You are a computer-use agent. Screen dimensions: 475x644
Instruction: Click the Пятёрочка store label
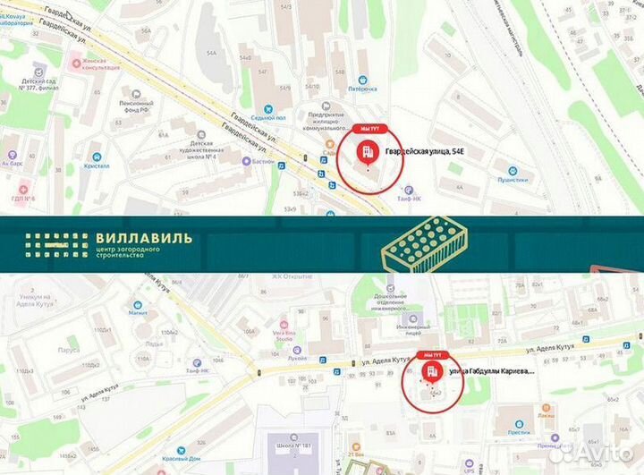click(x=362, y=89)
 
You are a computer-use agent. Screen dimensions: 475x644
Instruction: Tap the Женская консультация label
click(x=101, y=64)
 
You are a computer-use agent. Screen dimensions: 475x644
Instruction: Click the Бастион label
click(x=261, y=161)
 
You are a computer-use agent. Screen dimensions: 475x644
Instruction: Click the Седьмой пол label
click(x=267, y=117)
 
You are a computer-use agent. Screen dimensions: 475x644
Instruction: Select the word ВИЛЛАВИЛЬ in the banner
click(x=142, y=239)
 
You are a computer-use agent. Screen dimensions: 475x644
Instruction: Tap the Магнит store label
click(x=137, y=313)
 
